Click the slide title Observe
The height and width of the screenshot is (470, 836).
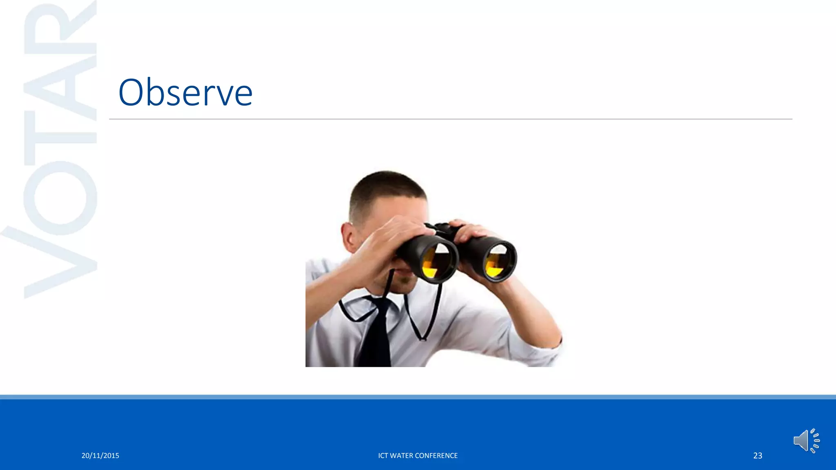(x=185, y=93)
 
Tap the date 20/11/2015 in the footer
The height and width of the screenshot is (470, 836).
(x=100, y=456)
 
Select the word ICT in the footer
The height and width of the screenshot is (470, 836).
(x=383, y=456)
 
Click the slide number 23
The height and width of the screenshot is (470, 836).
(x=758, y=456)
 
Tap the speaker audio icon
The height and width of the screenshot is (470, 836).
(x=806, y=441)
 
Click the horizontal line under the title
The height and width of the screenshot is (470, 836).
(x=449, y=119)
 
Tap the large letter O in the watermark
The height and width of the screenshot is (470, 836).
(x=60, y=198)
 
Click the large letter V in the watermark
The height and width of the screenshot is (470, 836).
(x=53, y=261)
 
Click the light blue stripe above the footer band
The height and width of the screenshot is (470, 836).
(x=418, y=397)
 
